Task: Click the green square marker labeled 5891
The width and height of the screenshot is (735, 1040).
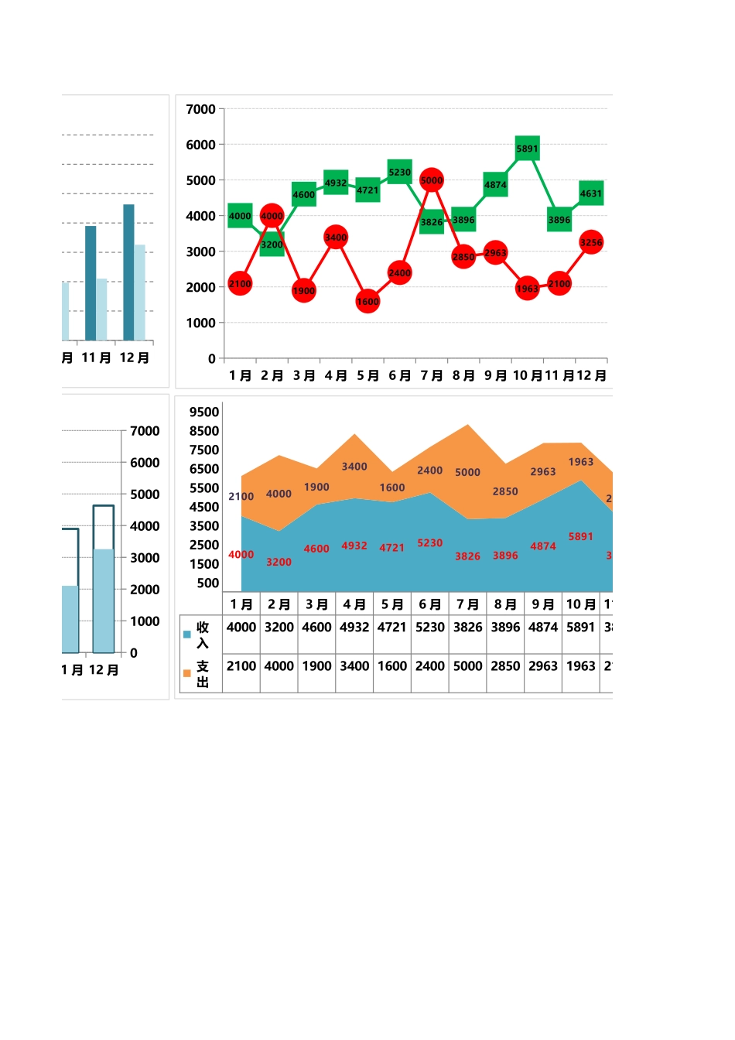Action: pyautogui.click(x=527, y=148)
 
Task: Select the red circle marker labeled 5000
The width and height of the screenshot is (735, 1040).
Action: pyautogui.click(x=432, y=180)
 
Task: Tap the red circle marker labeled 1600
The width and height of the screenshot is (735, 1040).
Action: pyautogui.click(x=367, y=301)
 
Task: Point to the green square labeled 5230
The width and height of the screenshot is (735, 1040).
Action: pyautogui.click(x=399, y=172)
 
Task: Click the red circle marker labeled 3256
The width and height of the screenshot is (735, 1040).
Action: pyautogui.click(x=591, y=242)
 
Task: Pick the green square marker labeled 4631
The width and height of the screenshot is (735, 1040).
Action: pyautogui.click(x=591, y=193)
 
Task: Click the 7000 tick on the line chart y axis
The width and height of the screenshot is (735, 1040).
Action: pyautogui.click(x=200, y=109)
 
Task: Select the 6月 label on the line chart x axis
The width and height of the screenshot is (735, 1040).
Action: pyautogui.click(x=399, y=375)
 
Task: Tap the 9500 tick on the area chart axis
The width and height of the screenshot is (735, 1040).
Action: pyautogui.click(x=204, y=412)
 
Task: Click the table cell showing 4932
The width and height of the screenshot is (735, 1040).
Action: pyautogui.click(x=354, y=627)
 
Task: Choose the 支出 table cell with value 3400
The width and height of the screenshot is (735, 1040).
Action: pyautogui.click(x=354, y=665)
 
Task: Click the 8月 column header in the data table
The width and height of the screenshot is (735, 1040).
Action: pyautogui.click(x=505, y=604)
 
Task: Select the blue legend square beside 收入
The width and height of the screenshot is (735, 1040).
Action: pyautogui.click(x=186, y=635)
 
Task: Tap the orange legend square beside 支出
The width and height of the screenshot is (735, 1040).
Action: pyautogui.click(x=186, y=673)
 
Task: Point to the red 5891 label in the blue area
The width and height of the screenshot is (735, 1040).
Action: pyautogui.click(x=580, y=536)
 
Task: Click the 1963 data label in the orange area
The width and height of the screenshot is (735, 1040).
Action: pyautogui.click(x=580, y=462)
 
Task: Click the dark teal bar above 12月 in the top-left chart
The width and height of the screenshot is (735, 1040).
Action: pyautogui.click(x=128, y=272)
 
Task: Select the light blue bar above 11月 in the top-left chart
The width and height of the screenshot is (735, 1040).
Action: pyautogui.click(x=101, y=310)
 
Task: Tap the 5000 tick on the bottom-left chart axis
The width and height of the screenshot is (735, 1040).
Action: pyautogui.click(x=145, y=494)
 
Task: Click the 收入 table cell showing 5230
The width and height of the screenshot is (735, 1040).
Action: pyautogui.click(x=430, y=627)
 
